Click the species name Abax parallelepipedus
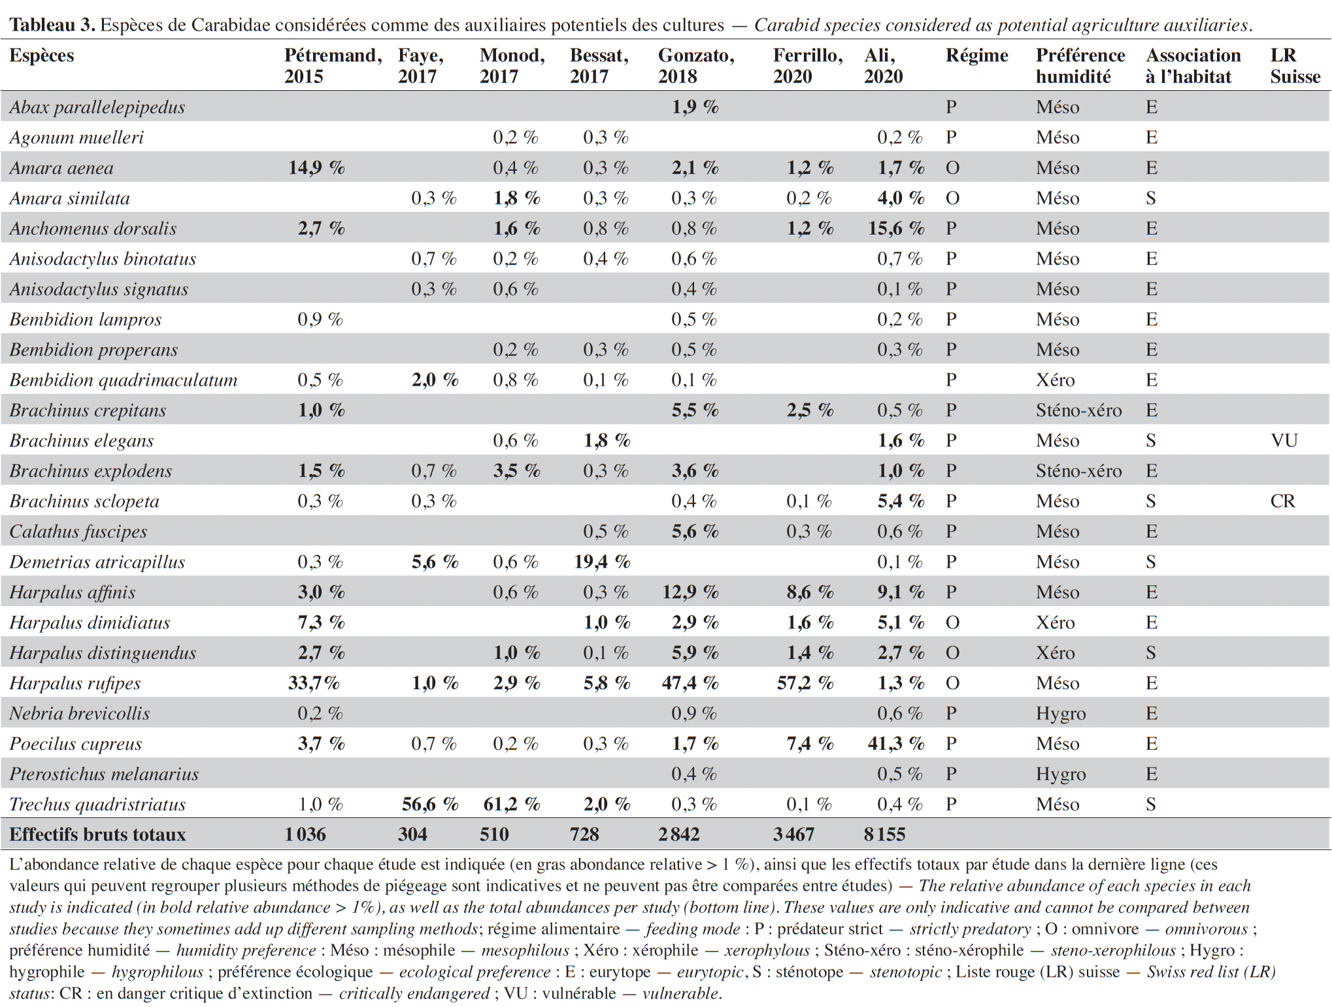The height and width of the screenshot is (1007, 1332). pyautogui.click(x=97, y=107)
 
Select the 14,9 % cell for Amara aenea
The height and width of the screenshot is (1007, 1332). pyautogui.click(x=317, y=168)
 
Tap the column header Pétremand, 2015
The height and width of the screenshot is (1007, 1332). pyautogui.click(x=333, y=65)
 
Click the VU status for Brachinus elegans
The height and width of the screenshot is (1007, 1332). pyautogui.click(x=1284, y=440)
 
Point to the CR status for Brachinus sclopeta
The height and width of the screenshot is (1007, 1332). pyautogui.click(x=1283, y=501)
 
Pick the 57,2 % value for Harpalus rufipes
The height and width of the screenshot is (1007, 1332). pyautogui.click(x=806, y=683)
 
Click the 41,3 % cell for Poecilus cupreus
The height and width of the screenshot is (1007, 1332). pyautogui.click(x=896, y=743)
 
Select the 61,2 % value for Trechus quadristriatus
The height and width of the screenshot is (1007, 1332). pyautogui.click(x=512, y=804)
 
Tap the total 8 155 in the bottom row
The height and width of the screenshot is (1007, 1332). pyautogui.click(x=884, y=834)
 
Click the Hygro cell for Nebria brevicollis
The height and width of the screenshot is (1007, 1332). pyautogui.click(x=1061, y=713)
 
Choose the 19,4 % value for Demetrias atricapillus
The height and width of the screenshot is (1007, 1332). pyautogui.click(x=602, y=562)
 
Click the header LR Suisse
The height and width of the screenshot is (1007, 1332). pyautogui.click(x=1295, y=65)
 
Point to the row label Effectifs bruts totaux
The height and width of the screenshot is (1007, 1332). pyautogui.click(x=97, y=834)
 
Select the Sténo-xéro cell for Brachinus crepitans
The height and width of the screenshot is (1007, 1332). pyautogui.click(x=1078, y=411)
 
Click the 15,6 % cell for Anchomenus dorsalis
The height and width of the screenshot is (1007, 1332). pyautogui.click(x=896, y=228)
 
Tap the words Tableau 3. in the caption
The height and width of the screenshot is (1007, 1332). pyautogui.click(x=52, y=25)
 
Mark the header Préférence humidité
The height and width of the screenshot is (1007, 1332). pyautogui.click(x=1080, y=65)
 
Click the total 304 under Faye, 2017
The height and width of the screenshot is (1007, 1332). pyautogui.click(x=412, y=834)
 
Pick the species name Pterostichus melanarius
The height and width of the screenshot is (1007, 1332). pyautogui.click(x=104, y=774)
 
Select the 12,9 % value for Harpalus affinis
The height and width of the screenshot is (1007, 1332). pyautogui.click(x=690, y=592)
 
